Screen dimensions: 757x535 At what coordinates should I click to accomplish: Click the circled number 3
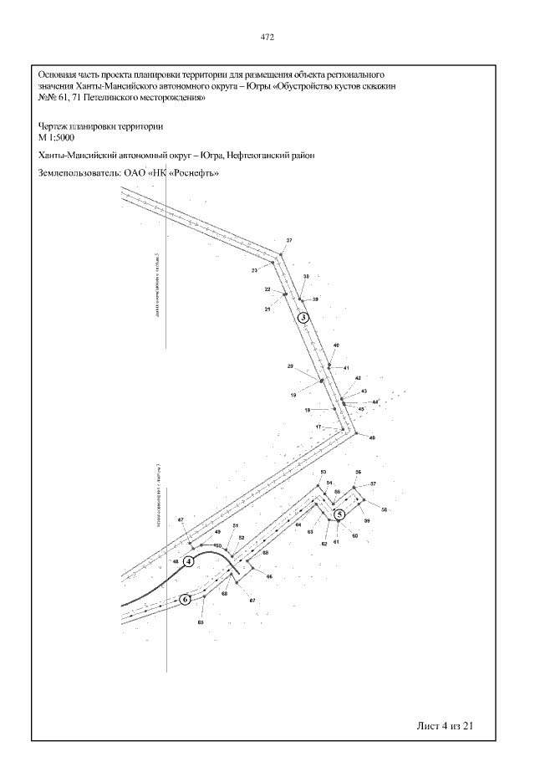[x=303, y=317]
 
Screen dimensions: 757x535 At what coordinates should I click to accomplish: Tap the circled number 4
[x=189, y=560]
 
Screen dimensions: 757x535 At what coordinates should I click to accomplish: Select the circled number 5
[x=339, y=514]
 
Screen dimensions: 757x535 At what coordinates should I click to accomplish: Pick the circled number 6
[x=186, y=599]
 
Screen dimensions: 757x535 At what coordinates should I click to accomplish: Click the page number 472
[x=267, y=38]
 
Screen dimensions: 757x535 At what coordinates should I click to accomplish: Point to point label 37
[x=289, y=241]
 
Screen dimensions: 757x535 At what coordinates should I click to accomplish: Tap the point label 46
[x=372, y=438]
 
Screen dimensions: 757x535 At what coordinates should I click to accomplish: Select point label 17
[x=318, y=427]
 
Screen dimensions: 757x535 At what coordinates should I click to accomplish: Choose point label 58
[x=385, y=509]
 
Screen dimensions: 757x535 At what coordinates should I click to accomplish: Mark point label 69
[x=201, y=622]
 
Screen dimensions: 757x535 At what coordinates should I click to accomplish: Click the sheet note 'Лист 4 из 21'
[x=446, y=724]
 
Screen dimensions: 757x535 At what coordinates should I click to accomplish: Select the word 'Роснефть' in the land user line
[x=186, y=174]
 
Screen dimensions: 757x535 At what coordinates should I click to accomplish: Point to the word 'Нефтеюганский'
[x=259, y=156]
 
